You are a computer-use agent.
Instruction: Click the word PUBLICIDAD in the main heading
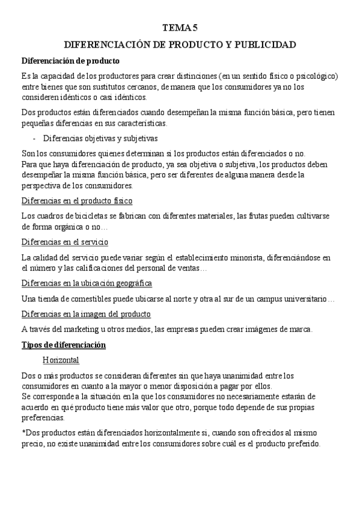point(266,45)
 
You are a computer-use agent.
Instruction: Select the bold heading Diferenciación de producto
point(70,61)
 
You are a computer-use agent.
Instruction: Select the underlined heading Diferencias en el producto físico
point(76,200)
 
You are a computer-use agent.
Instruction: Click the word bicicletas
point(80,215)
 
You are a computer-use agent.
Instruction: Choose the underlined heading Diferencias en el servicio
point(64,242)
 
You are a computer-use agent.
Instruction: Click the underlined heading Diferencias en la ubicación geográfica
point(86,283)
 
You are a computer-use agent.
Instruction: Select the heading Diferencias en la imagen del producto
point(85,313)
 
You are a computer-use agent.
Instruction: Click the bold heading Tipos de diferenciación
point(63,345)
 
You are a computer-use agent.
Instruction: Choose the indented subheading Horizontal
point(61,360)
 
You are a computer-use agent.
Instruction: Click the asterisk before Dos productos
point(23,433)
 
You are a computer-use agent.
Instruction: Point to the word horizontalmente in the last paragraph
point(154,433)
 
